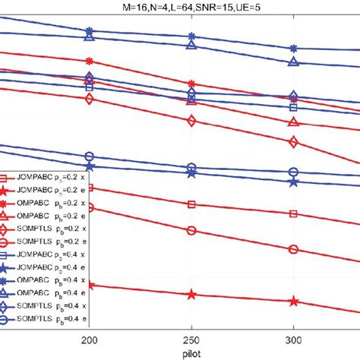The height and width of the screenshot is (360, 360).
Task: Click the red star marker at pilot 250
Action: [191, 295]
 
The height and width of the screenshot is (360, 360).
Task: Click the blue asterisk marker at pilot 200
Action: [90, 31]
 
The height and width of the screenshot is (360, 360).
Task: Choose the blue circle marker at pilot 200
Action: [90, 156]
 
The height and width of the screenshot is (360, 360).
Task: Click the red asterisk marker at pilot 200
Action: [90, 61]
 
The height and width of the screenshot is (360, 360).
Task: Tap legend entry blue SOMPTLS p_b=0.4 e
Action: [38, 321]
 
